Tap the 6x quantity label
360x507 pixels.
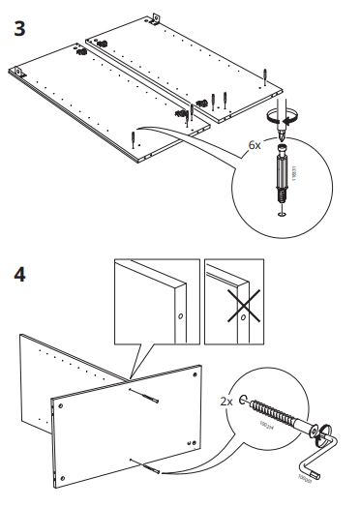(x=255, y=145)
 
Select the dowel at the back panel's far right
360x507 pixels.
(x=264, y=74)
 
